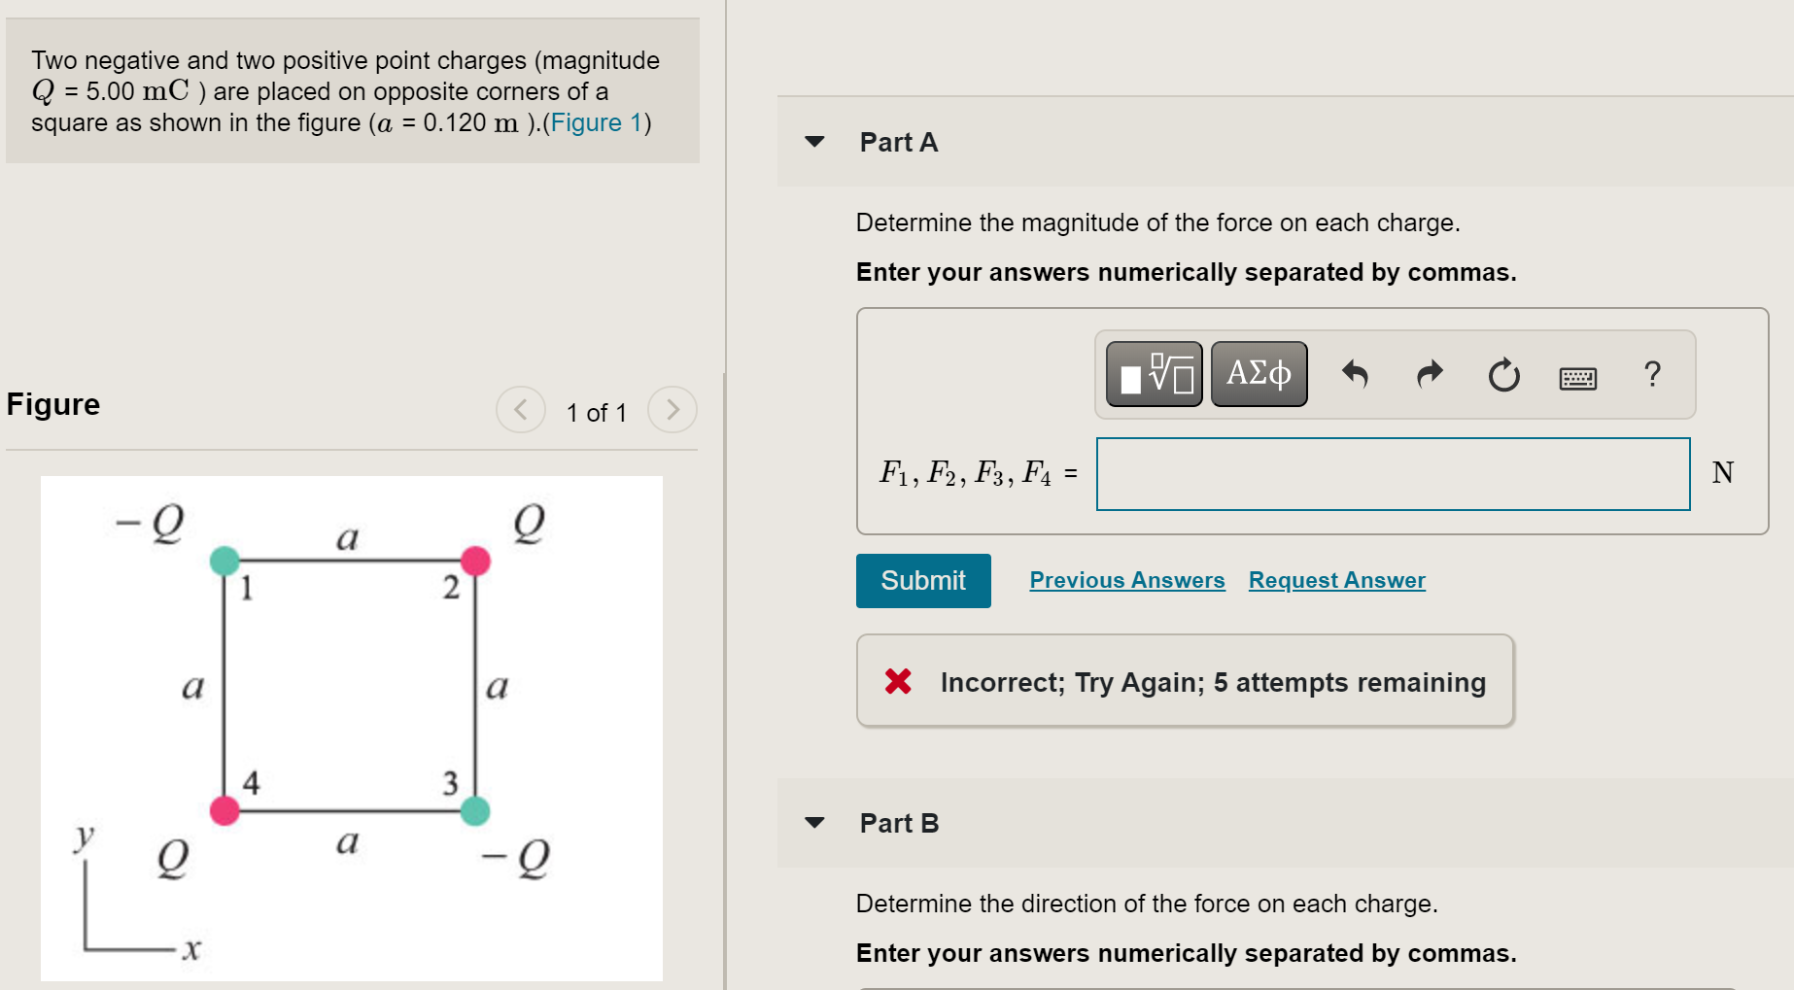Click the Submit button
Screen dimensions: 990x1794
922,581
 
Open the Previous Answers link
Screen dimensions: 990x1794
1126,580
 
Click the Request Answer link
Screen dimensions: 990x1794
1336,580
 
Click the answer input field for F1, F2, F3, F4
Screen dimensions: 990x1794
1393,474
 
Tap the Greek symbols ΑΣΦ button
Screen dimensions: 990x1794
1259,374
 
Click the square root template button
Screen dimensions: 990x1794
1155,374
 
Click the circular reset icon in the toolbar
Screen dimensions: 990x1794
1503,375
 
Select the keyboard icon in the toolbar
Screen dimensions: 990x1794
1577,377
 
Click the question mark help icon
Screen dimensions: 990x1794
1652,374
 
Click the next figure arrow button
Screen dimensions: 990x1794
673,410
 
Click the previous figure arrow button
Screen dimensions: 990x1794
521,410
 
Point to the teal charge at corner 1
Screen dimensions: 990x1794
224,561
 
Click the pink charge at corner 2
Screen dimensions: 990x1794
475,561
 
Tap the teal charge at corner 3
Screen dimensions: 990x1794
474,810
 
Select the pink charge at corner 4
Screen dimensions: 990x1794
224,810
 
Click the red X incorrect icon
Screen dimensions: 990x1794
898,681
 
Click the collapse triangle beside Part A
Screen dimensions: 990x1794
814,142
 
